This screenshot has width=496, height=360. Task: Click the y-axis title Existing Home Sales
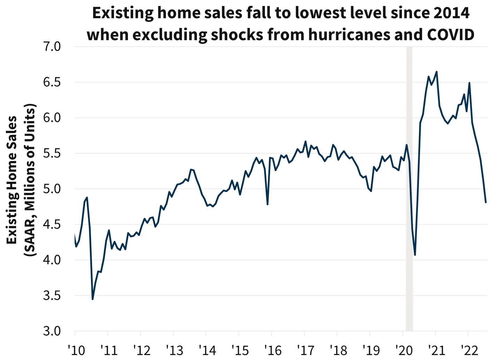(x=12, y=180)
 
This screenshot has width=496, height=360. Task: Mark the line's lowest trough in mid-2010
(x=92, y=299)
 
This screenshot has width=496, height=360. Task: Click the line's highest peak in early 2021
(x=437, y=72)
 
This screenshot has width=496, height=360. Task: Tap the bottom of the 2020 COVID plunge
(x=415, y=255)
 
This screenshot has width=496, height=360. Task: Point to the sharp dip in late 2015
(x=267, y=204)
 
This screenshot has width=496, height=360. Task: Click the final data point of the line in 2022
(x=486, y=202)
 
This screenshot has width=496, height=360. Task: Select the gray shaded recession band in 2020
(x=409, y=188)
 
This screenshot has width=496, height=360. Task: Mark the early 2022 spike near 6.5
(x=470, y=83)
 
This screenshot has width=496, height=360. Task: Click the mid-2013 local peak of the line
(x=191, y=169)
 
